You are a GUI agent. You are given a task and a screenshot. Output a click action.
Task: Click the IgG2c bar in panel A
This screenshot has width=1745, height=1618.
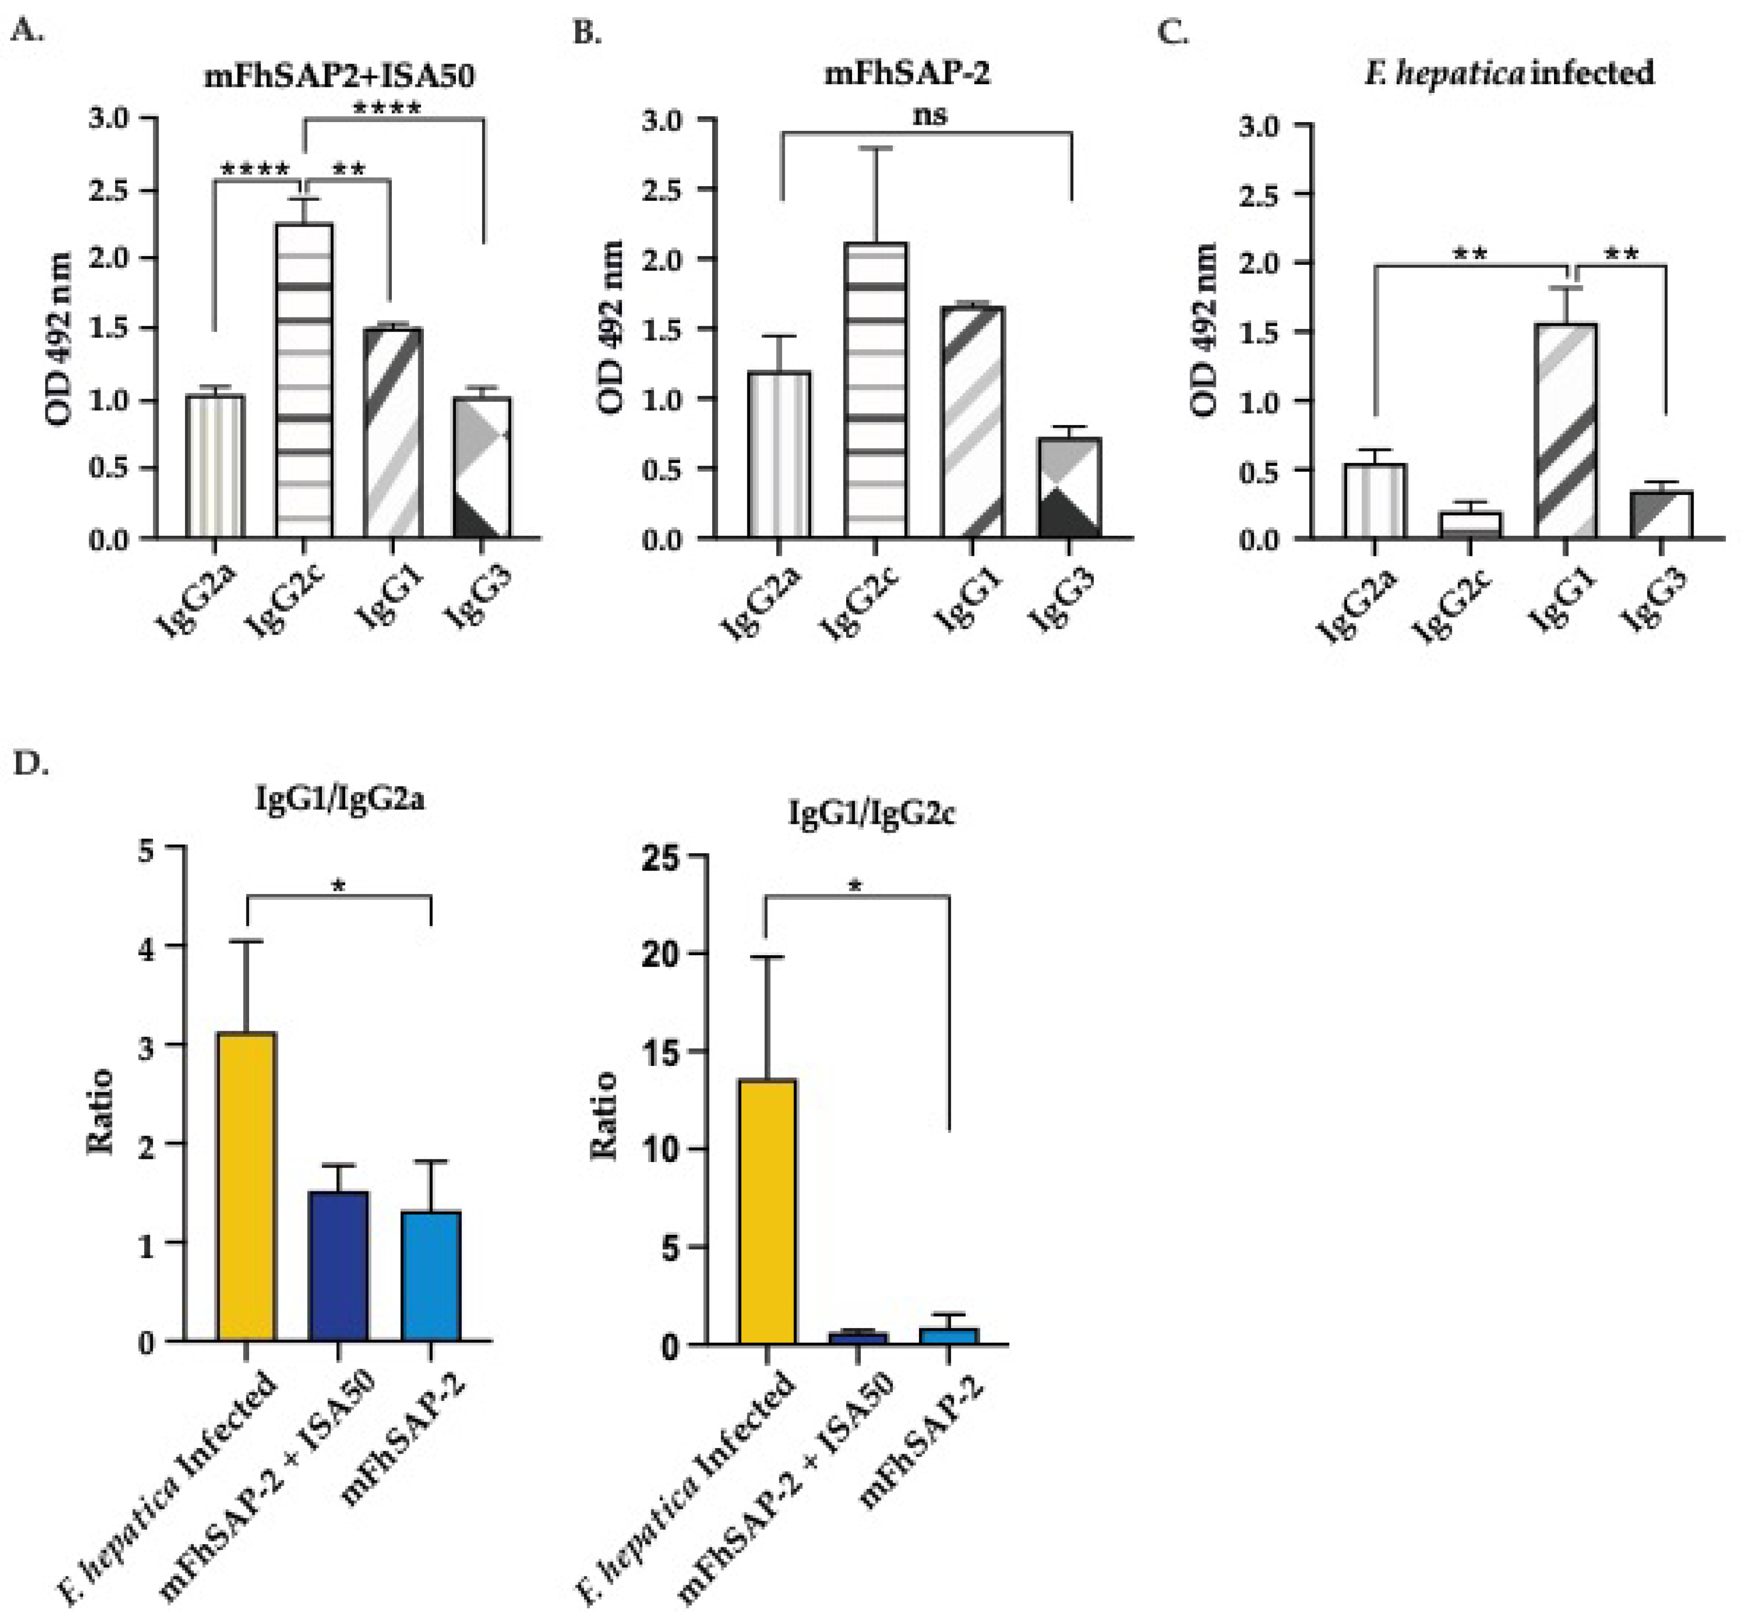coord(304,381)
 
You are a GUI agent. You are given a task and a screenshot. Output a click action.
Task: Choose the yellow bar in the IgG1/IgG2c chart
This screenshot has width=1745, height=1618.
coord(767,1212)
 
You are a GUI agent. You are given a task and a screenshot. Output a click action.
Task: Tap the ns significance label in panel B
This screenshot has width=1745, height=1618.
coord(929,115)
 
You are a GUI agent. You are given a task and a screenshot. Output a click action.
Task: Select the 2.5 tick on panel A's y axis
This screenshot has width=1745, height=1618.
coord(109,190)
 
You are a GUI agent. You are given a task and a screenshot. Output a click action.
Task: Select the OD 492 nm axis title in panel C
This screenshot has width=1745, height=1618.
coord(1205,329)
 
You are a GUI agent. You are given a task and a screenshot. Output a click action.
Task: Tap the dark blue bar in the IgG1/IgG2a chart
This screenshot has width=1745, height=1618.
coord(339,1265)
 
